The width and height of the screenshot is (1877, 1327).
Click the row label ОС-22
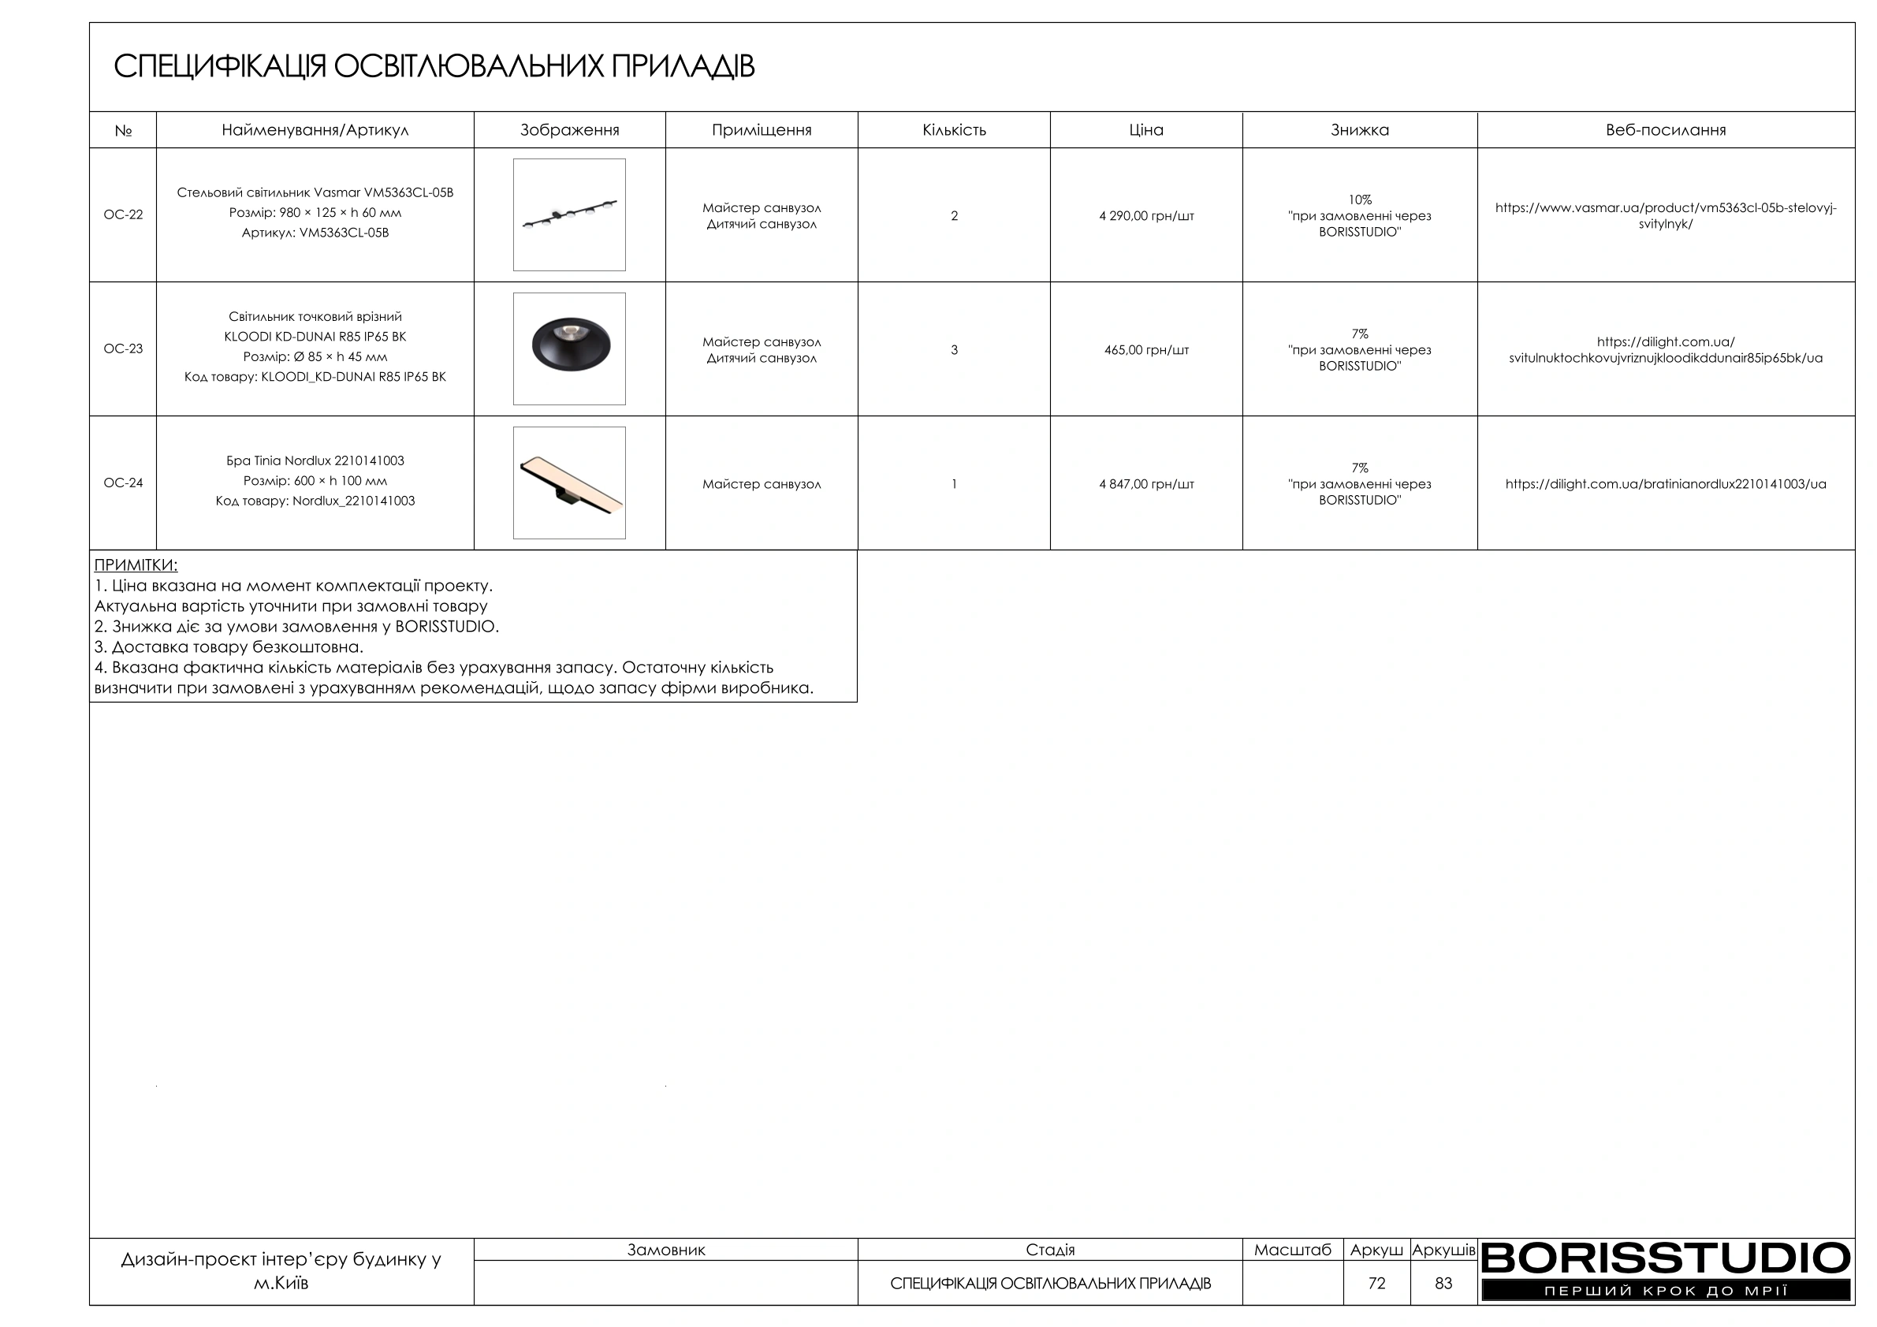123,215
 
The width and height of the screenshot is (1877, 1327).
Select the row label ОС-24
123,483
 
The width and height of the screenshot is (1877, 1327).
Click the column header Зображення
569,130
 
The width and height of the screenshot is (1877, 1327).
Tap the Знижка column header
1359,130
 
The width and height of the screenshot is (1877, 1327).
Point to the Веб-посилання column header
1665,130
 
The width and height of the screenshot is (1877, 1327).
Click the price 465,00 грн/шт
1145,350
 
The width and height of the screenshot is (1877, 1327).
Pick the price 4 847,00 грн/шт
1145,484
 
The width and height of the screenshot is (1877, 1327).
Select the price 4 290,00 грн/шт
1145,216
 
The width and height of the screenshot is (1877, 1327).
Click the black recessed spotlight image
569,349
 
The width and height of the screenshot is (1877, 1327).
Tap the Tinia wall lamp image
569,483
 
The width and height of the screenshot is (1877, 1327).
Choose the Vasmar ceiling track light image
569,215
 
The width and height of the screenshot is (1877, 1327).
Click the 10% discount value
1359,199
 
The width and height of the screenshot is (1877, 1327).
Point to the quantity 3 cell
953,350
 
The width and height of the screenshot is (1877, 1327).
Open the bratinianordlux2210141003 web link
1665,484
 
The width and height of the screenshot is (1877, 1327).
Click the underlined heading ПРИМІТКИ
136,565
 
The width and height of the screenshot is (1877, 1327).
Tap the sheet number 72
1376,1283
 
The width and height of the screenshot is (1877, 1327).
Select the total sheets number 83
1443,1283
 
